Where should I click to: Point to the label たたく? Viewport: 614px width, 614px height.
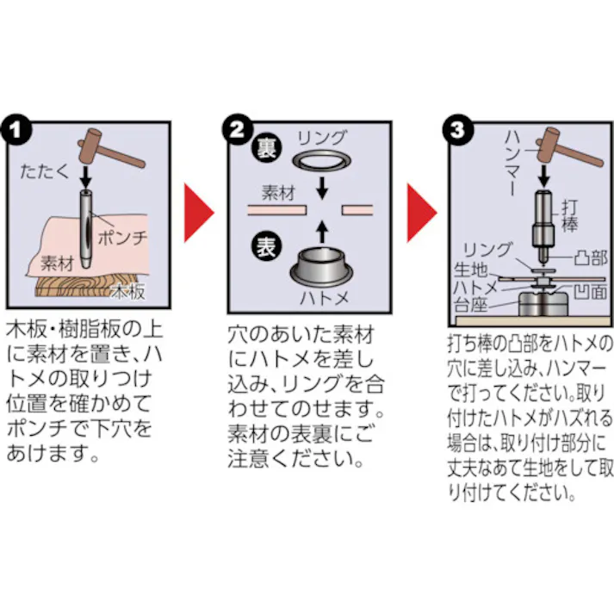click(x=42, y=173)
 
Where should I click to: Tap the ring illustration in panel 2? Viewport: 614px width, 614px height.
click(x=320, y=161)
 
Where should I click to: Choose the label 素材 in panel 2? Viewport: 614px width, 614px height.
click(x=277, y=195)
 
